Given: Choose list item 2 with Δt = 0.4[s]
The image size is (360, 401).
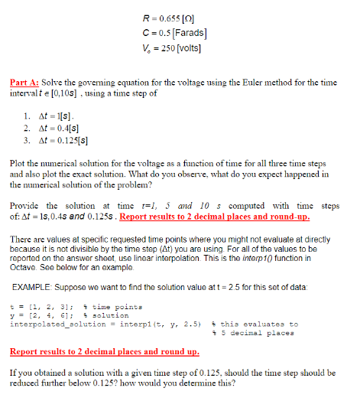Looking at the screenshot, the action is [70, 126].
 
